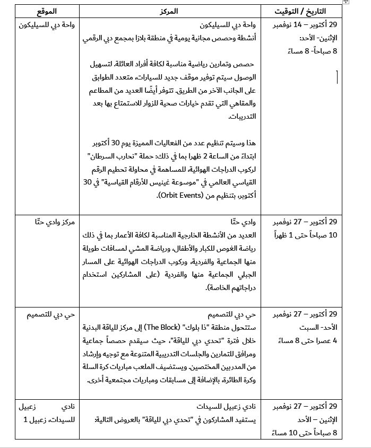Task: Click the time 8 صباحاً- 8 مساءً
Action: tap(313, 51)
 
